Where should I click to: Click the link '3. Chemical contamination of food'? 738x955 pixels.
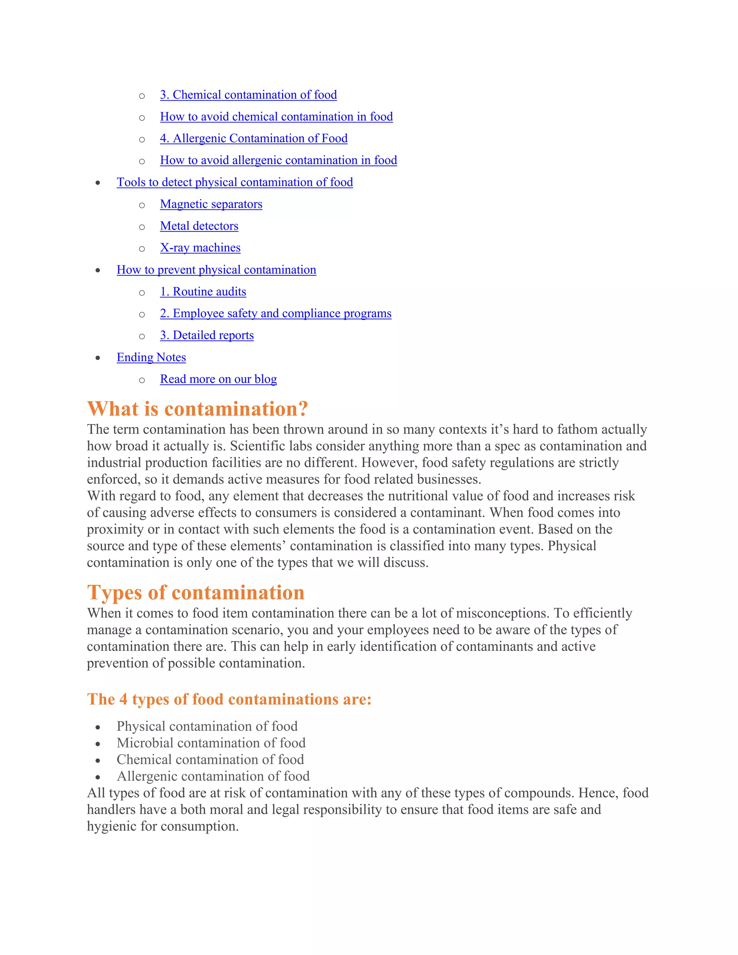click(x=248, y=95)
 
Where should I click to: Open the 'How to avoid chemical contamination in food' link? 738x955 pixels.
click(x=276, y=117)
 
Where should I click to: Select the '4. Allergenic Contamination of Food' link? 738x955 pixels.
click(x=254, y=139)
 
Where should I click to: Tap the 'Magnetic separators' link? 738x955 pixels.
click(x=211, y=204)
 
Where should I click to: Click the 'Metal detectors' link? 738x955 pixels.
click(x=199, y=226)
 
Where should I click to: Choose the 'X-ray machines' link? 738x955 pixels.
click(x=200, y=248)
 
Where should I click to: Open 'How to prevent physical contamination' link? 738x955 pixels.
click(x=217, y=270)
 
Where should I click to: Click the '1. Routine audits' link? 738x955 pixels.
click(x=203, y=292)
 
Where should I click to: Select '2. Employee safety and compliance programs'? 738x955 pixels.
click(x=275, y=314)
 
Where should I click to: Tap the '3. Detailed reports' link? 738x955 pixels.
click(x=207, y=336)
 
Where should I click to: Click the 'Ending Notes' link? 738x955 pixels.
click(x=151, y=357)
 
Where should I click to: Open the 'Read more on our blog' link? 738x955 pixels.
click(x=218, y=379)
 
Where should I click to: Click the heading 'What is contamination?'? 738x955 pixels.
click(x=197, y=409)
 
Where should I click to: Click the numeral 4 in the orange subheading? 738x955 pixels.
click(x=123, y=699)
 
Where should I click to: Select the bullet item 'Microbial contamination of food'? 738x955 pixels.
click(x=211, y=743)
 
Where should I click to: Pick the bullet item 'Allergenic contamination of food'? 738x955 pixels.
click(x=213, y=776)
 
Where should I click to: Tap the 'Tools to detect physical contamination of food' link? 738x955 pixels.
click(x=235, y=182)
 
